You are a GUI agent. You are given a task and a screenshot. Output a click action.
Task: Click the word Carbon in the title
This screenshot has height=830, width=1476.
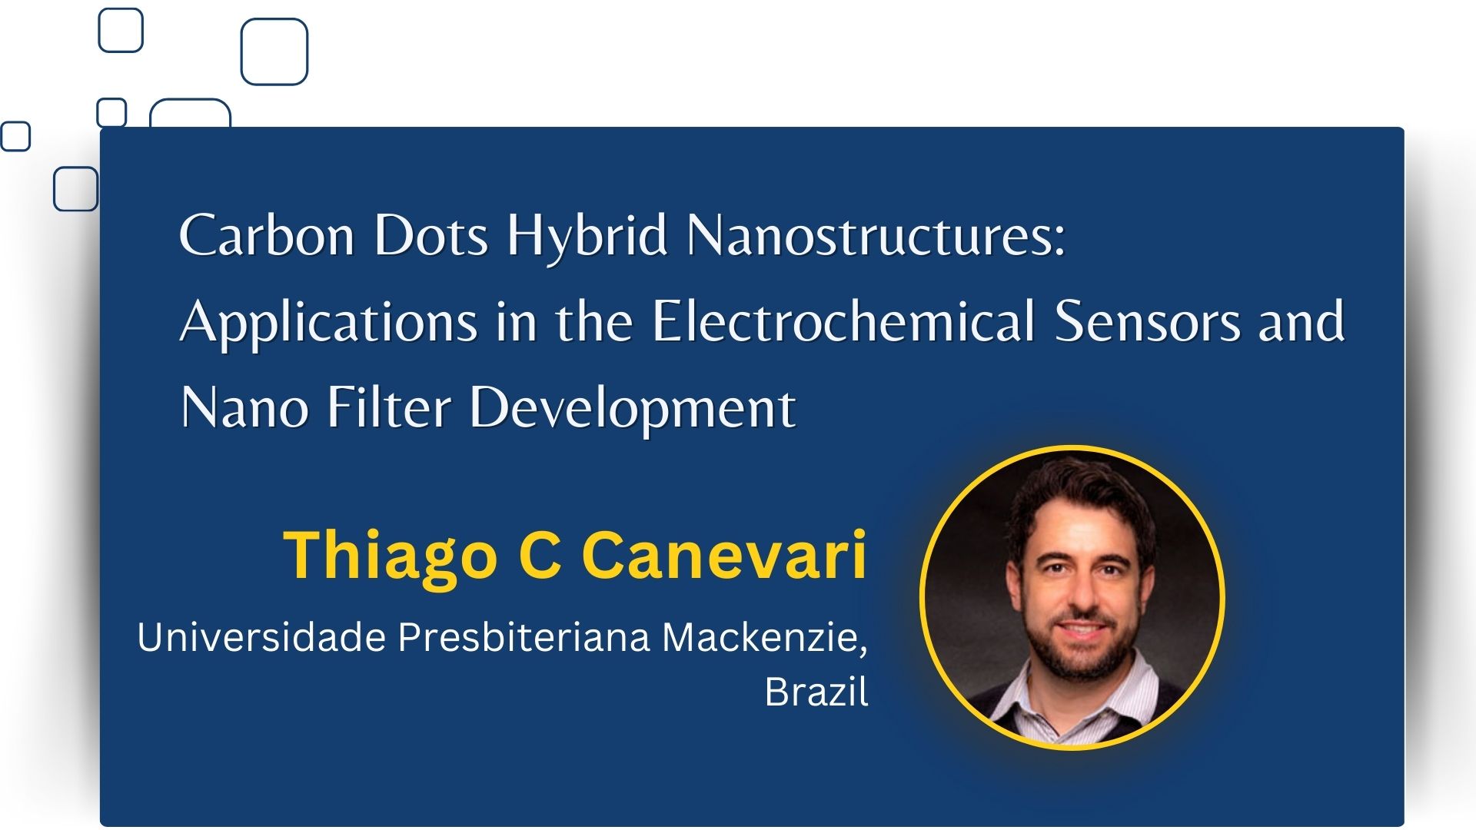[268, 235]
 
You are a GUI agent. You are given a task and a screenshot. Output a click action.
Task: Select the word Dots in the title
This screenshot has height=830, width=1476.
[431, 235]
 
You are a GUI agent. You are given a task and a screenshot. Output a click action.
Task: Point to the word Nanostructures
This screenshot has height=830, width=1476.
[876, 235]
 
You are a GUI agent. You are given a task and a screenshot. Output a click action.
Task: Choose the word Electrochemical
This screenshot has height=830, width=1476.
[844, 320]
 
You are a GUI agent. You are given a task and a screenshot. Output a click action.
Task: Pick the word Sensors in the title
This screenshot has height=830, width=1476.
[1147, 321]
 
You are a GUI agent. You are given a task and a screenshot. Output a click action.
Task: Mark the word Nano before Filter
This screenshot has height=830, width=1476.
[244, 407]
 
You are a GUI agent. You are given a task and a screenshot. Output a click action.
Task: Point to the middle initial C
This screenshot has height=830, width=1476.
[540, 555]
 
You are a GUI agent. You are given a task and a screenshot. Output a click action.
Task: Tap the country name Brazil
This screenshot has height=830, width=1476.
[816, 691]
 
